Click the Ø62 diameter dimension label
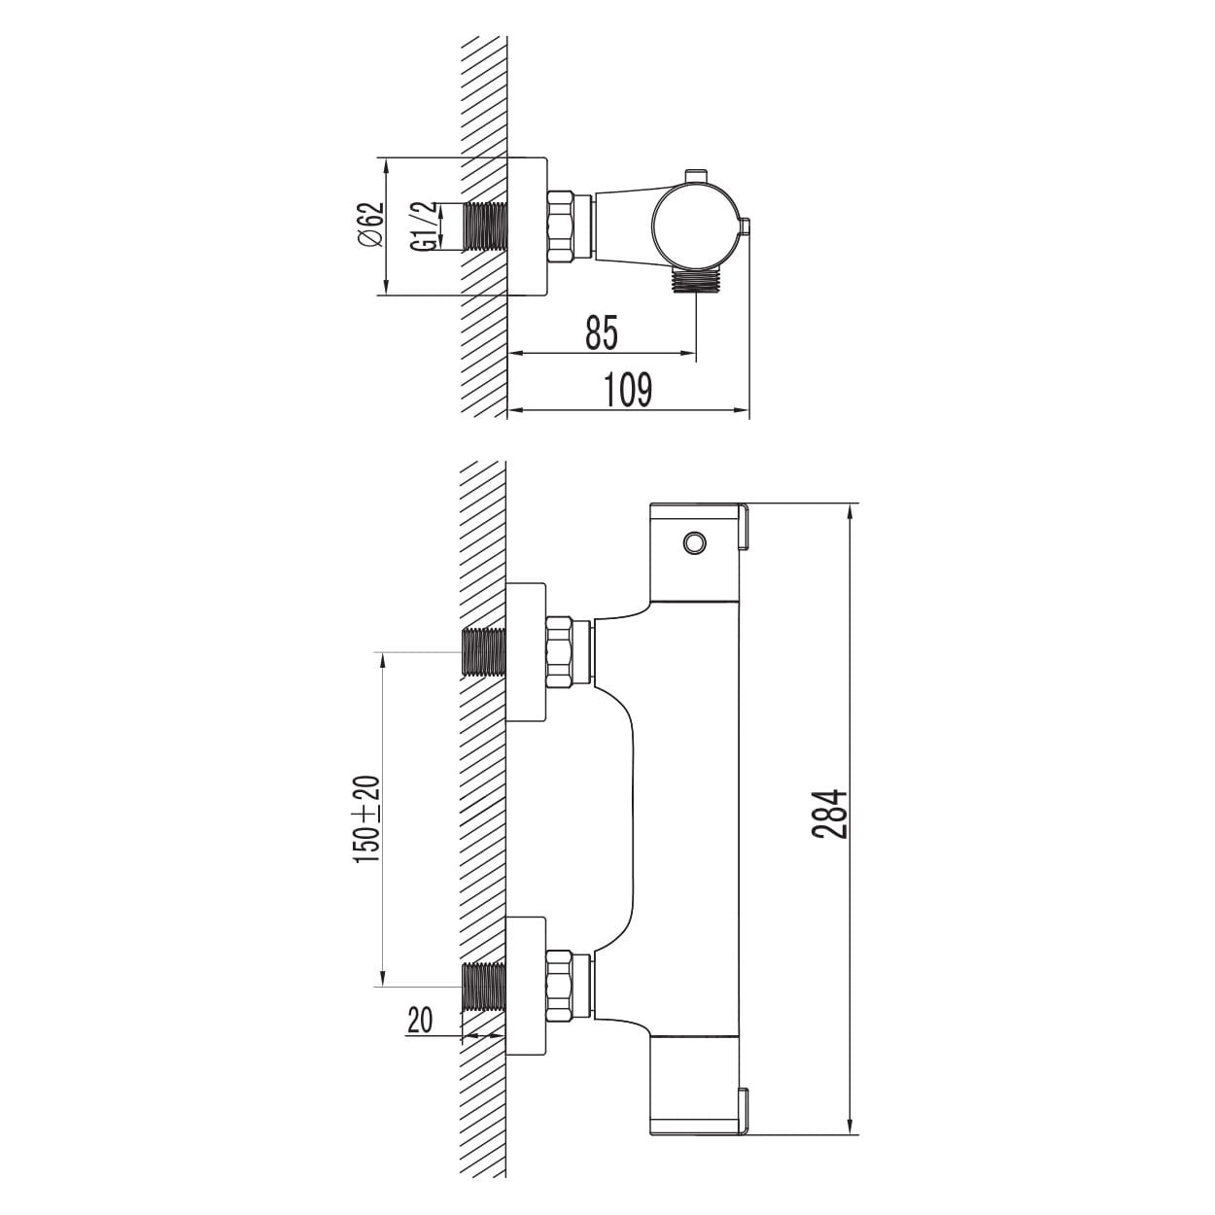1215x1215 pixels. [370, 225]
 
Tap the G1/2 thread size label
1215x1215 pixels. [423, 226]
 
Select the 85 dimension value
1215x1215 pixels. [602, 333]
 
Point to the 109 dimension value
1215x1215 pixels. [629, 390]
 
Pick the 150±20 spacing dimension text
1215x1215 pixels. [367, 819]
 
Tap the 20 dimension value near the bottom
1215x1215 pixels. [420, 1020]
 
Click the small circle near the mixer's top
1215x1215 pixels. [695, 542]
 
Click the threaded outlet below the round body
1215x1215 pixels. [695, 282]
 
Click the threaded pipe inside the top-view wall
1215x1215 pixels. [485, 226]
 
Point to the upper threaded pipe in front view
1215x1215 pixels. [485, 652]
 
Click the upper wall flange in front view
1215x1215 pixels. [526, 652]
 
